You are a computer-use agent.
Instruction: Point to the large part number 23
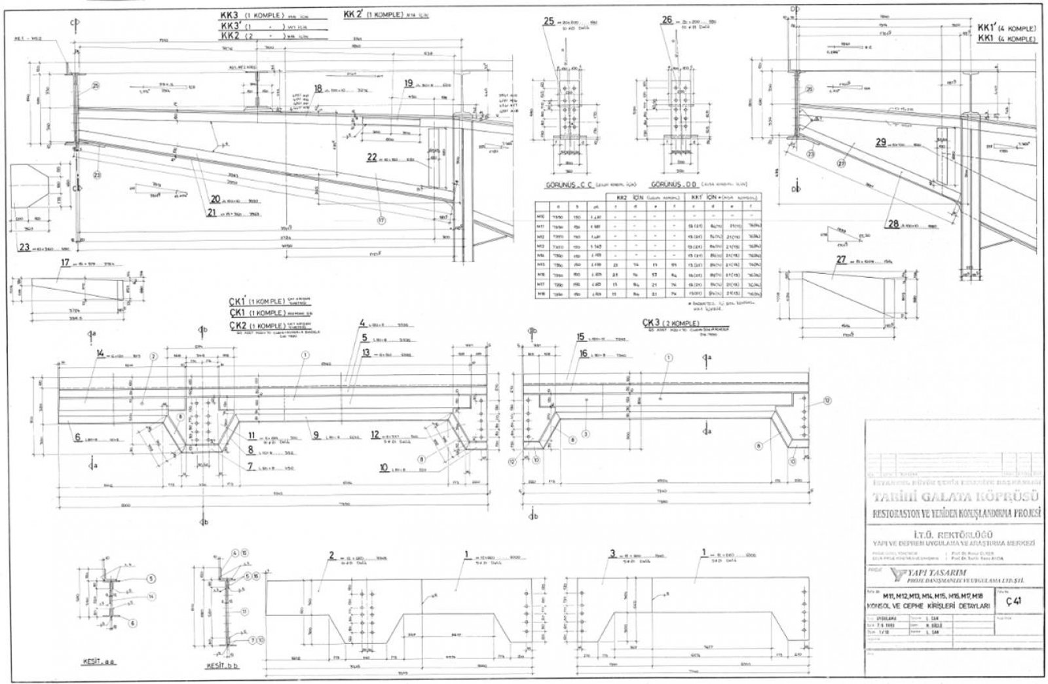[24, 248]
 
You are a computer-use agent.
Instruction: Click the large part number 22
[372, 157]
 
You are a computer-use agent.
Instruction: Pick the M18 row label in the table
[542, 295]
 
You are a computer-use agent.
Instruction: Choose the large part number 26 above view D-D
[667, 20]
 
